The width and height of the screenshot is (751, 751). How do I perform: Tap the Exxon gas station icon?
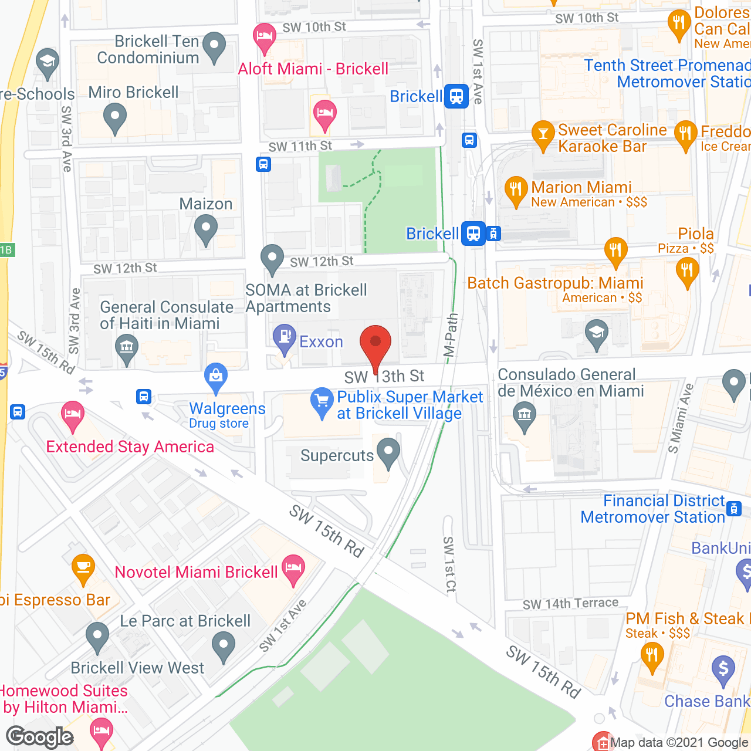coord(285,338)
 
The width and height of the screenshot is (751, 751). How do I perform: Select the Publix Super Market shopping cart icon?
coord(322,401)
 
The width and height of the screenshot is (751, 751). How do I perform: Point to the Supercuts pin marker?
coord(388,452)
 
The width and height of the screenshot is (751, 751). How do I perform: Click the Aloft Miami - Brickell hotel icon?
coord(265,37)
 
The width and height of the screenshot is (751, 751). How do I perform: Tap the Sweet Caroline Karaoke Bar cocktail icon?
coord(543,134)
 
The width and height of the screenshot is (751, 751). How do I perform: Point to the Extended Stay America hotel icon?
coord(72,415)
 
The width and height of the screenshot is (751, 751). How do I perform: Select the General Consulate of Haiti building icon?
coord(126,347)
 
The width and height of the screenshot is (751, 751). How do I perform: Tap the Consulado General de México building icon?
coord(525,415)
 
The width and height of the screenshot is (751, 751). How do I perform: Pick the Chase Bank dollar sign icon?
coord(723,669)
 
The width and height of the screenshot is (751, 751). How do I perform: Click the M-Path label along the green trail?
coord(451,335)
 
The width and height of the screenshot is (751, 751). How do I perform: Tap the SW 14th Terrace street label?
coord(570,604)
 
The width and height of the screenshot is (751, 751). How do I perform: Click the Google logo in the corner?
coord(40,737)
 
